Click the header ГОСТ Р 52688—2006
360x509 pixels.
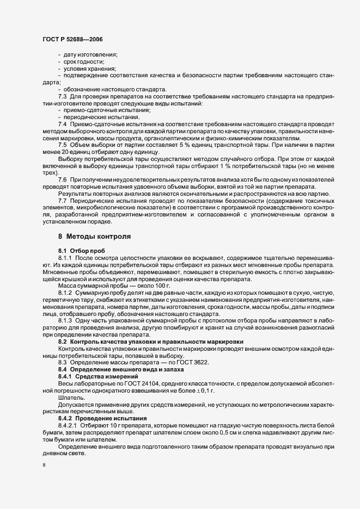71,39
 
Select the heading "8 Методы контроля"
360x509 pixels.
93,237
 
